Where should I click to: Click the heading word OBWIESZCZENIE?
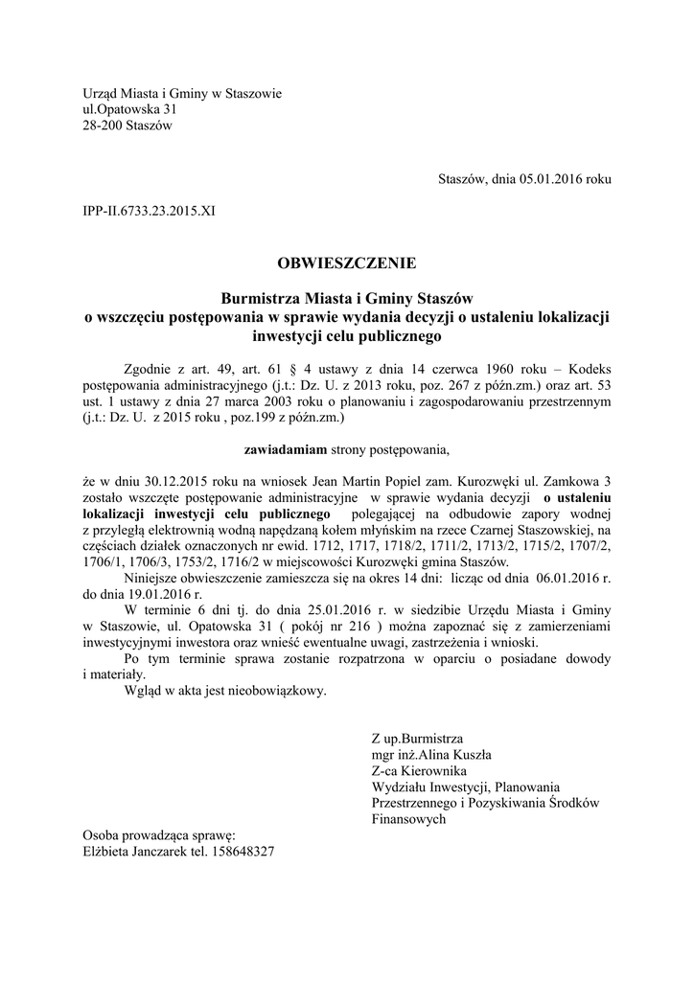coord(347,261)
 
